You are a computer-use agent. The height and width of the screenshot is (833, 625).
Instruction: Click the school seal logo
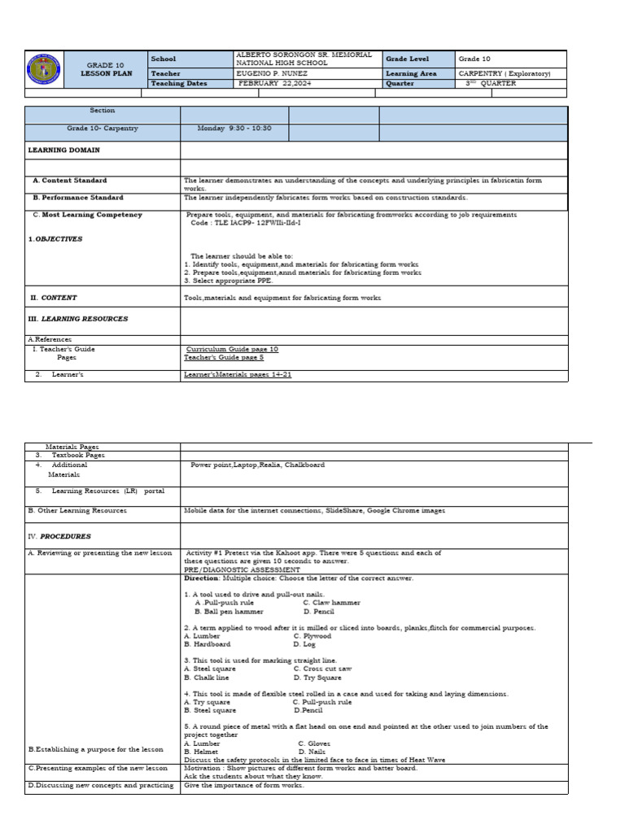tap(44, 69)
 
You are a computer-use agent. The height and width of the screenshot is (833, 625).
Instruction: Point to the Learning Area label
tap(411, 73)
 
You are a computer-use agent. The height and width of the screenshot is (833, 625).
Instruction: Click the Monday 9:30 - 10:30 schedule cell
tap(234, 129)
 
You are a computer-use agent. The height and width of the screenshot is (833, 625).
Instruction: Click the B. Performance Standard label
tap(78, 198)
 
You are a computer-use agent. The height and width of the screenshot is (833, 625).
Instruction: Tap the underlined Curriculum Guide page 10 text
tap(232, 349)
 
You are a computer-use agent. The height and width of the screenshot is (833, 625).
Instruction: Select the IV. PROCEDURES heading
tap(62, 537)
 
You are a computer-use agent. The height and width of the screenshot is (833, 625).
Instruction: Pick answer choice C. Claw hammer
tap(331, 603)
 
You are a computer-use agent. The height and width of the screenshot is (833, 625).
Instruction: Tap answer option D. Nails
tap(312, 752)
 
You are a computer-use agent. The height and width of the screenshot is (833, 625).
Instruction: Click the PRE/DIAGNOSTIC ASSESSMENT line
tap(237, 569)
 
